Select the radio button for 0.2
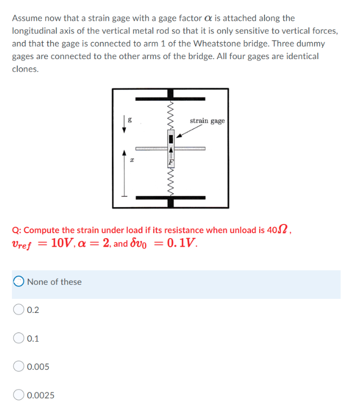click(18, 309)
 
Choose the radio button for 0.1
click(18, 338)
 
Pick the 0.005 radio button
click(18, 366)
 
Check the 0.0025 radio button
click(18, 395)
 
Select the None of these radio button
click(18, 281)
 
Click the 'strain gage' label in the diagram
click(207, 121)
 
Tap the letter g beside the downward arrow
click(130, 120)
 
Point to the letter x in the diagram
click(132, 160)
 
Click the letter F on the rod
click(171, 162)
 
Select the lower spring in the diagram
click(171, 182)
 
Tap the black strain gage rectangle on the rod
click(171, 139)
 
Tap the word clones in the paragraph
click(25, 69)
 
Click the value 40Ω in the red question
click(278, 230)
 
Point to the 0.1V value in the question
click(182, 242)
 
